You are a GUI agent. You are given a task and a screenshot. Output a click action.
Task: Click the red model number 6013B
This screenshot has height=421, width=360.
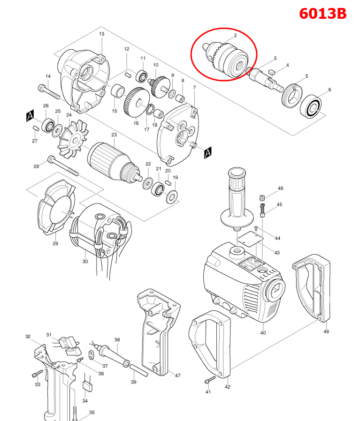click(323, 14)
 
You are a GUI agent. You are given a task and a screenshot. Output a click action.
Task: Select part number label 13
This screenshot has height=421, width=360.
click(101, 34)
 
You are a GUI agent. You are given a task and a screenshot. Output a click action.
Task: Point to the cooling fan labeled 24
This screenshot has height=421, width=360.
click(70, 137)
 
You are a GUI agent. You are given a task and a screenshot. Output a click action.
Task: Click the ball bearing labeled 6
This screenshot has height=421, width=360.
click(314, 108)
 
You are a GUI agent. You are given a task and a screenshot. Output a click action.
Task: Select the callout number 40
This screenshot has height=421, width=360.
click(263, 333)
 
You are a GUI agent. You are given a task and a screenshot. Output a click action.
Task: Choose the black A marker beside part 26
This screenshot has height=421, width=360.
click(30, 116)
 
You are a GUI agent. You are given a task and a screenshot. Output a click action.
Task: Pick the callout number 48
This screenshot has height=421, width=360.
click(326, 331)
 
